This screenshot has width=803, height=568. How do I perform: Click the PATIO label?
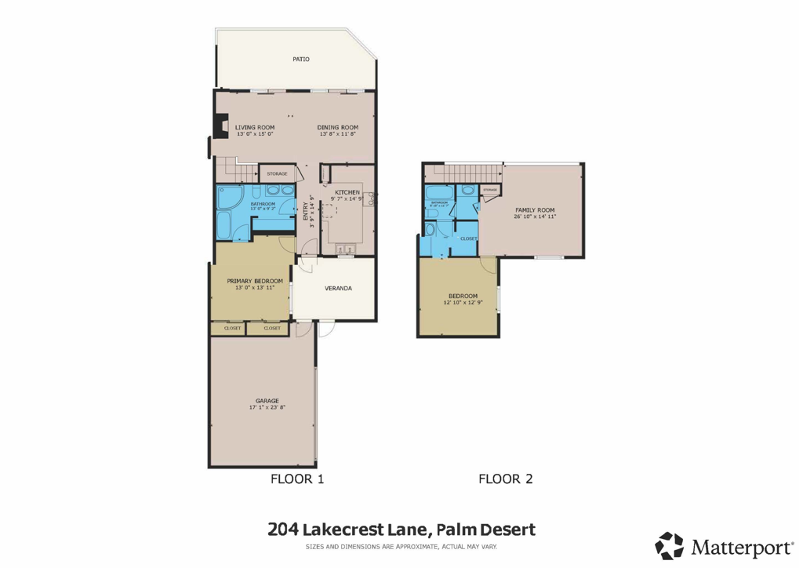coord(301,59)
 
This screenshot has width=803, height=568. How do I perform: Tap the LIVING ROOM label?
coord(255,127)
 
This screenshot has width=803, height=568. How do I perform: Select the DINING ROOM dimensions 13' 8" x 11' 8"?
coord(338,134)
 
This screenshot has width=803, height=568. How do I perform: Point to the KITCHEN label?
coord(347,192)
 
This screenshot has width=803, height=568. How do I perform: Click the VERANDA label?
coord(338,288)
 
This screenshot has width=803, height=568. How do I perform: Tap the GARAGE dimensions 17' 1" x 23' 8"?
coord(267,407)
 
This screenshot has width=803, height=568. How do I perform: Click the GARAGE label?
coord(267,400)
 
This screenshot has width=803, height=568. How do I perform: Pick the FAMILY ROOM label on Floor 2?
coord(535,209)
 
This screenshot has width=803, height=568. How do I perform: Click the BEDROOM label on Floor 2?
coord(463,295)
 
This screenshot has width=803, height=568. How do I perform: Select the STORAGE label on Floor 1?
coord(277,173)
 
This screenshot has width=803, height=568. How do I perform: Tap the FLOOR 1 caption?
coord(297,479)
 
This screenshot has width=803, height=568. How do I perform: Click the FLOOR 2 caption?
coord(506,479)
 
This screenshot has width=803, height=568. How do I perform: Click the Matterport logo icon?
coord(669,546)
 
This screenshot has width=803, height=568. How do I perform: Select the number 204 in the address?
coord(283,530)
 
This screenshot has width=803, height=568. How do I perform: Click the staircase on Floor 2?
coord(463,173)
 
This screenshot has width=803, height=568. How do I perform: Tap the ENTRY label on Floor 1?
coord(306,212)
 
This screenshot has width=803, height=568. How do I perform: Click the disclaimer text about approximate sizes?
coord(401,547)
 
